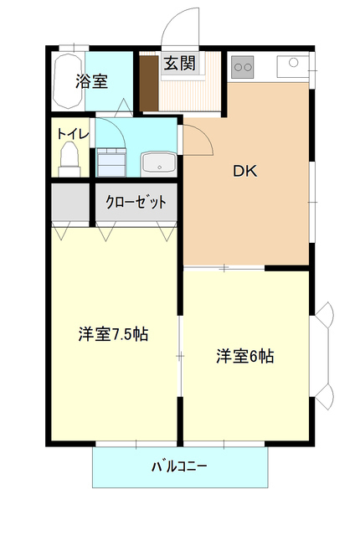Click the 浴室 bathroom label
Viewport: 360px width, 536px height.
pos(91,81)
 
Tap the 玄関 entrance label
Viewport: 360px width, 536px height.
pos(179,63)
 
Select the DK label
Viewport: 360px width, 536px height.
pos(244,173)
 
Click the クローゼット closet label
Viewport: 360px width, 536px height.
pos(136,202)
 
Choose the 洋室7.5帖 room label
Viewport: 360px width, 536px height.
pos(114,334)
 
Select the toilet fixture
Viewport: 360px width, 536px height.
pos(69,158)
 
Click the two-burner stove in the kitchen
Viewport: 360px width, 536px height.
pos(244,64)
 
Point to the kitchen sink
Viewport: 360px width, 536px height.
pos(294,64)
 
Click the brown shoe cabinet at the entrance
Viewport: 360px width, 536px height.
pos(148,82)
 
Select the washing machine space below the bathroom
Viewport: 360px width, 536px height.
pos(111,160)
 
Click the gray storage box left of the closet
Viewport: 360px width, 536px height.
pos(70,202)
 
